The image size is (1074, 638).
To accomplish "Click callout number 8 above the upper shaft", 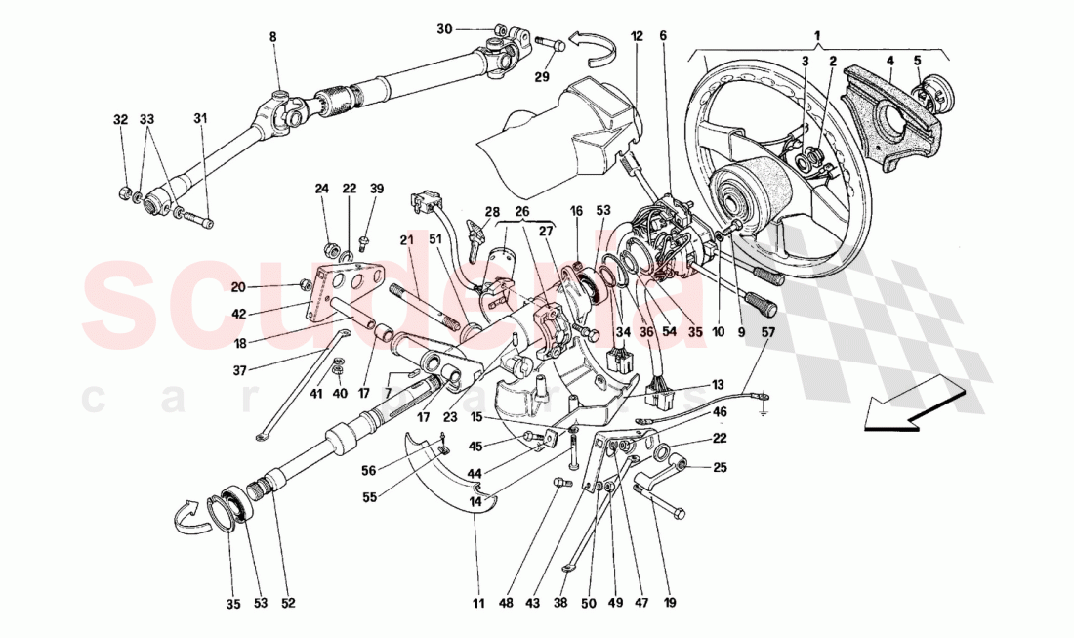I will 273,37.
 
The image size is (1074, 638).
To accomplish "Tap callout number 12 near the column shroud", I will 637,36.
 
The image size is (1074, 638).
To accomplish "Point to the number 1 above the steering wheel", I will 818,36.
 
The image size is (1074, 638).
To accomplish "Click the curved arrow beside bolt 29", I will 591,42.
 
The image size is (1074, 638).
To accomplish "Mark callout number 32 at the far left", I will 120,120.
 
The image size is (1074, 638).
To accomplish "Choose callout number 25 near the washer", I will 721,468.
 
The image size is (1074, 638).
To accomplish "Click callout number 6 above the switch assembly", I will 663,36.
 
